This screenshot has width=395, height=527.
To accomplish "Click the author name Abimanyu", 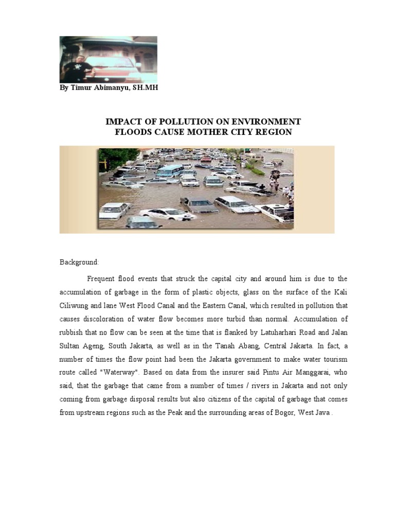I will point(109,88).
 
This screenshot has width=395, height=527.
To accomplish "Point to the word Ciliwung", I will point(75,305).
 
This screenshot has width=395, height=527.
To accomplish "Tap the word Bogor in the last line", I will point(276,412).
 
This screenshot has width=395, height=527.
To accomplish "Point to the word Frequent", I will point(102,278).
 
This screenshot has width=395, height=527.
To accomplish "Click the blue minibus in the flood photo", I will point(170,170).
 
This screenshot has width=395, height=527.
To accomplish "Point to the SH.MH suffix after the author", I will point(145,88).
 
